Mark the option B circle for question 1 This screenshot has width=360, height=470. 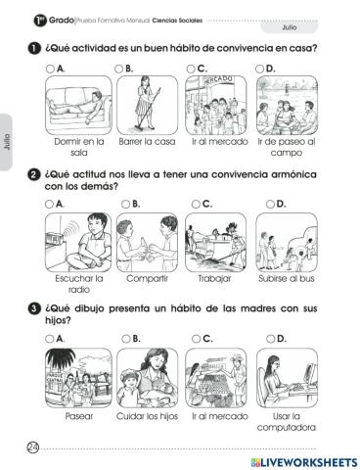(119, 70)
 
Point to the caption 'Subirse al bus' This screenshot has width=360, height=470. (282, 278)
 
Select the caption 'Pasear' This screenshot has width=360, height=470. (77, 415)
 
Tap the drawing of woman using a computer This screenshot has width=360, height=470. (282, 377)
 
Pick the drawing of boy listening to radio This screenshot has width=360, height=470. (77, 241)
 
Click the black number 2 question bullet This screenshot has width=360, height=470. (33, 176)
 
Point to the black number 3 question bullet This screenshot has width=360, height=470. (33, 310)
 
